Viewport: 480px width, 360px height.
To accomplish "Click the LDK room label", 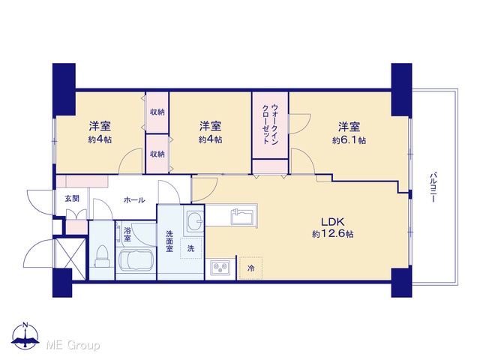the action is tap(333, 221).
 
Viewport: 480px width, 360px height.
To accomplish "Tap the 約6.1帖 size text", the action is tap(349, 140).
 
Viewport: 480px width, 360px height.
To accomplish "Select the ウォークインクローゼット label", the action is tap(271, 124).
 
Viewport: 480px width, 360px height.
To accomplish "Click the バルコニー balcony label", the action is tap(433, 187).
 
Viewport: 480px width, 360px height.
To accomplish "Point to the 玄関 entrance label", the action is tap(72, 198).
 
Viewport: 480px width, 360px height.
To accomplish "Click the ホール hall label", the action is tap(134, 200).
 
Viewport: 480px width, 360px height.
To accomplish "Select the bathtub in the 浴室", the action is tap(135, 260).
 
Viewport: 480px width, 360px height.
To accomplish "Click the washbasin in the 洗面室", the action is tap(194, 220).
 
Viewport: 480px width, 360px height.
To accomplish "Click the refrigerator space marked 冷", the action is tap(250, 268).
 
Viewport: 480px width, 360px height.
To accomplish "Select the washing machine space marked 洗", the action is tap(190, 248).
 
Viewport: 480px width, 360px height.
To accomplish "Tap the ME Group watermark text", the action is tap(73, 346).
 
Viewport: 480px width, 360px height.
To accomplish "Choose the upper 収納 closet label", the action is tap(157, 112).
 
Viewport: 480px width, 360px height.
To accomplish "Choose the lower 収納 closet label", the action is tap(157, 154).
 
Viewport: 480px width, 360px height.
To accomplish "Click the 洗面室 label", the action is tap(169, 241).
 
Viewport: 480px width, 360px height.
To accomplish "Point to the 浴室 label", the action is tap(127, 233).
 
